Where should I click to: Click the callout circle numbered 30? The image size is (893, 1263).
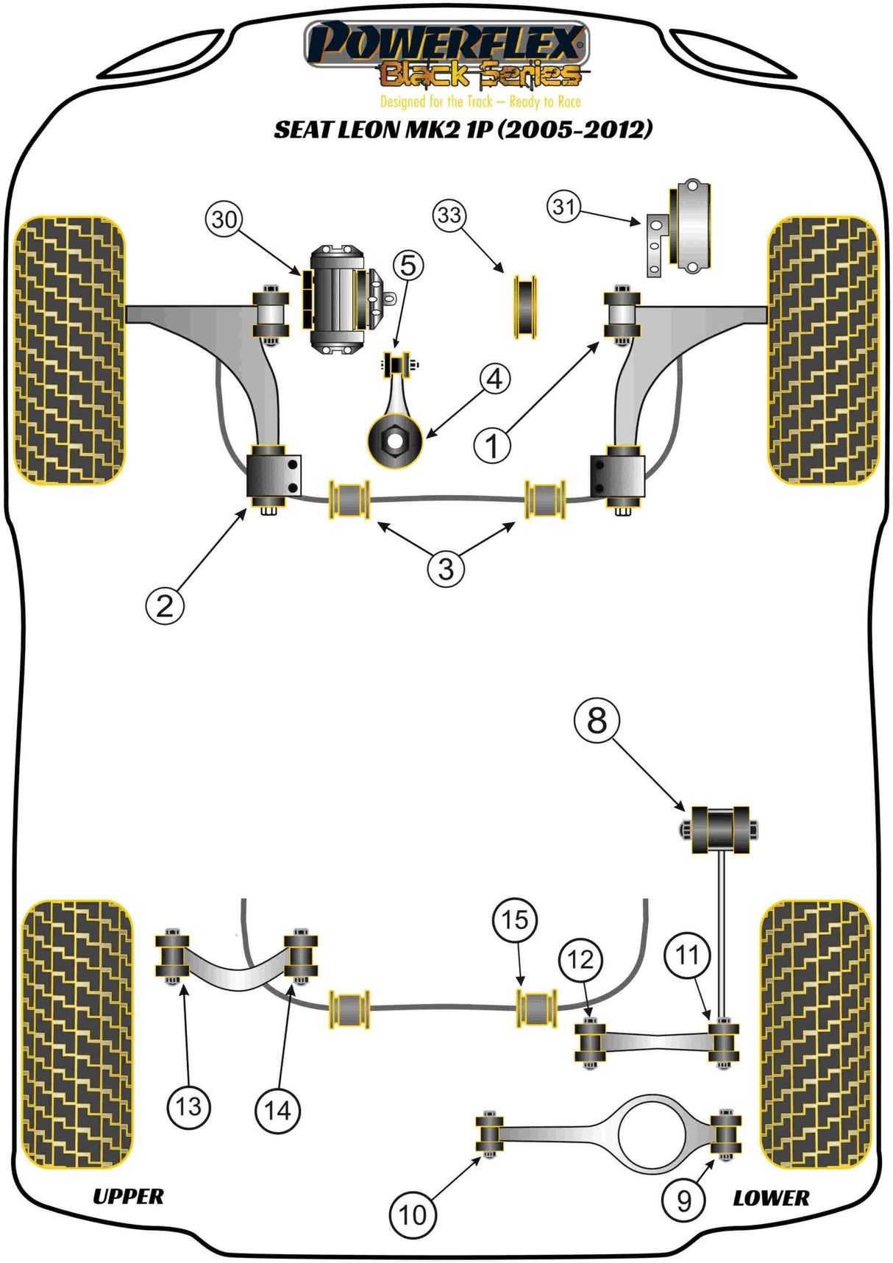[224, 219]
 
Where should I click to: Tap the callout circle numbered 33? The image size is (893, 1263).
[449, 215]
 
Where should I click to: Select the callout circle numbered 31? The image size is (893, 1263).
[564, 206]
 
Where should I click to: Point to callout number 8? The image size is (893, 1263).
[597, 720]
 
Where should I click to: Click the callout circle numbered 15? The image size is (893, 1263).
[515, 919]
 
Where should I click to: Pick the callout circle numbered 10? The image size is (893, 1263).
[413, 1214]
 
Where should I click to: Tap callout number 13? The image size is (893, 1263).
[188, 1106]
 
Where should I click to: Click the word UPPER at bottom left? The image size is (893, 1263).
[128, 1196]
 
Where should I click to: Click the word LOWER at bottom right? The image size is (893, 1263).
[771, 1198]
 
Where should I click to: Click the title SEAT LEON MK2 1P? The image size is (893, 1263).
[463, 129]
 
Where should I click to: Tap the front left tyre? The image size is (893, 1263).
[69, 350]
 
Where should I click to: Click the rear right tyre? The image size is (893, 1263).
[815, 1034]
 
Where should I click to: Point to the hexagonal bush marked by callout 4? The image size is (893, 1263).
[395, 441]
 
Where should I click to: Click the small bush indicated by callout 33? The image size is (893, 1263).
[524, 307]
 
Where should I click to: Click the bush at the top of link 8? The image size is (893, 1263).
[720, 830]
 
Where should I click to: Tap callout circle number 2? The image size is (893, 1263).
[165, 605]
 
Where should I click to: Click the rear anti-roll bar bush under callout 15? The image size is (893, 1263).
[537, 1008]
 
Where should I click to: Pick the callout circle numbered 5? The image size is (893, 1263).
[408, 265]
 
